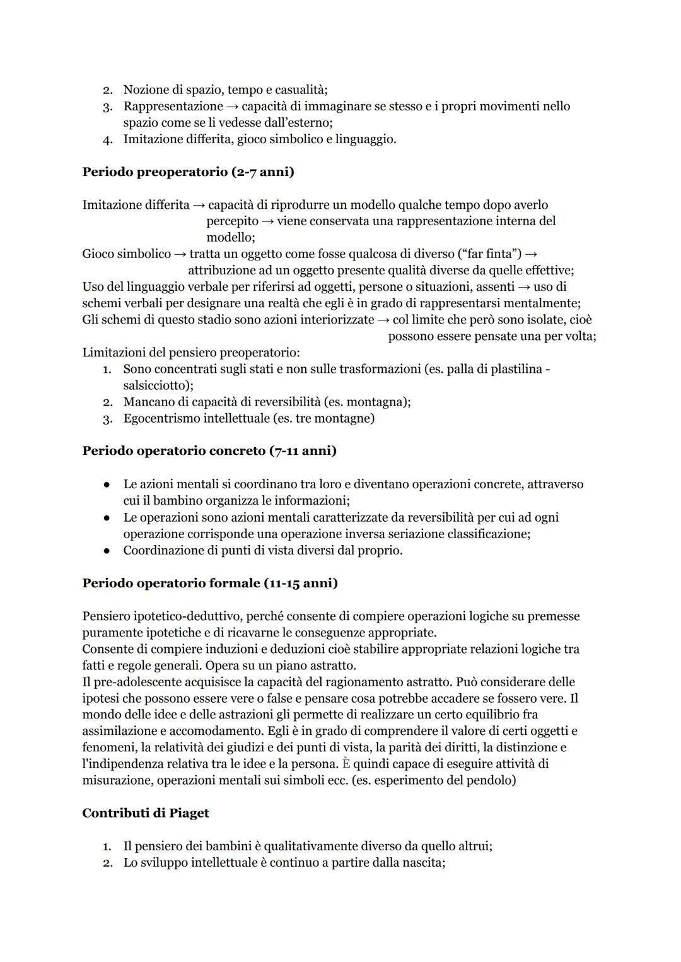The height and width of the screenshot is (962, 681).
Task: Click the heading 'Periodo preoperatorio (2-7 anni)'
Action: point(188,172)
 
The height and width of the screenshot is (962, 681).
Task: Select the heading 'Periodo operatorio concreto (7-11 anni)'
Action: point(209,450)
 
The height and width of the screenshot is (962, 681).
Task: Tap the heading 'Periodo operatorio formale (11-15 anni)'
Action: point(209,583)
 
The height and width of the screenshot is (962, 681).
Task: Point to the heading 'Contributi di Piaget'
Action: point(145,813)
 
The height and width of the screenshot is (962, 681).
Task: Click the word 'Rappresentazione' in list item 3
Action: point(173,106)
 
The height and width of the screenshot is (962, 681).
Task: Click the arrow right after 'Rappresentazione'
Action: point(232,107)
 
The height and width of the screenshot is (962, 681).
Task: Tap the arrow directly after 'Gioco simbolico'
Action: point(180,254)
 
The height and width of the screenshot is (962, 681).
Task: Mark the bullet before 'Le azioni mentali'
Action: point(108,484)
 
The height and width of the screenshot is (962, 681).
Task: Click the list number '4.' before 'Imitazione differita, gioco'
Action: point(108,139)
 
